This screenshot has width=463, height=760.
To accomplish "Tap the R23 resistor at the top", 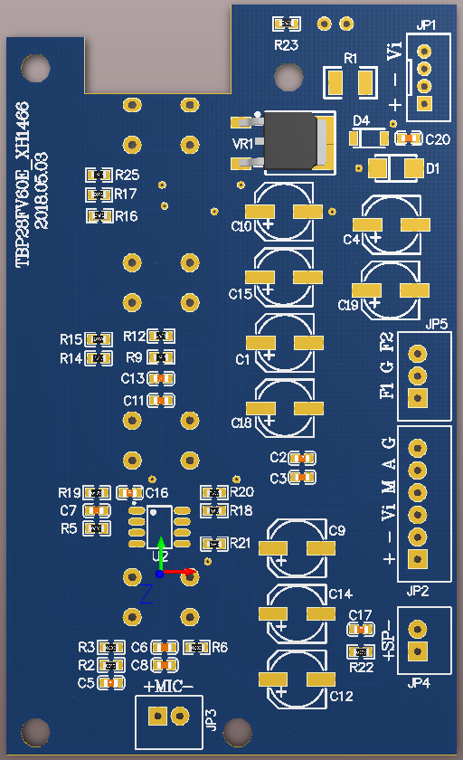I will (287, 23).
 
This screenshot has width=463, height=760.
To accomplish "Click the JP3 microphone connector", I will (169, 716).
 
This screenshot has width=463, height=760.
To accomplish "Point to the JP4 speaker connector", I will (417, 641).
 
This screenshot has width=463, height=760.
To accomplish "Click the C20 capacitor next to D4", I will (408, 138).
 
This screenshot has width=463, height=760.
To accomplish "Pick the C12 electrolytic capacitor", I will (296, 679).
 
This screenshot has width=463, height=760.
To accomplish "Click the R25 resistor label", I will (127, 175).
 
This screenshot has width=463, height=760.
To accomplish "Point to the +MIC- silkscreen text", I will (169, 686).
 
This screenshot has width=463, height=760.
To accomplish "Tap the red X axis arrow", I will (181, 572).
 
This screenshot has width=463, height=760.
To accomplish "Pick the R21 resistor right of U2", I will (214, 544).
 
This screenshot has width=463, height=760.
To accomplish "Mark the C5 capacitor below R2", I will (112, 683).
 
